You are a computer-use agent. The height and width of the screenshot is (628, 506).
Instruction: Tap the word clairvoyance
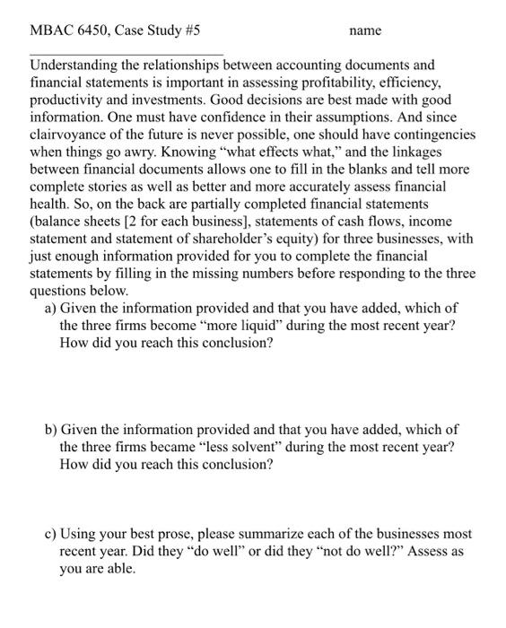click(x=68, y=135)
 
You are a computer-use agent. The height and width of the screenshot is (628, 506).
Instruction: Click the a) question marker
click(x=51, y=308)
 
